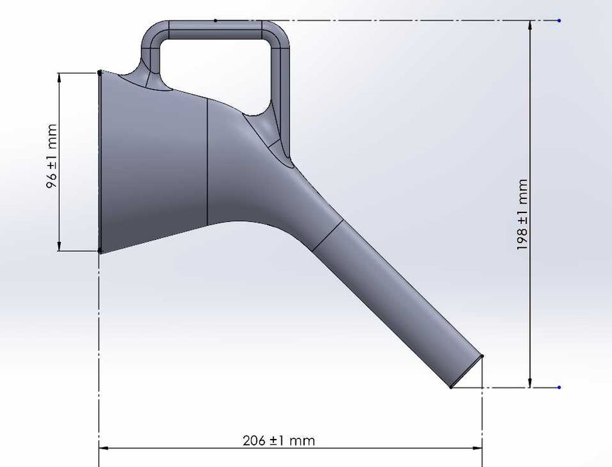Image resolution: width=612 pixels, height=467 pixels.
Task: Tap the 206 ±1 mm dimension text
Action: [279, 441]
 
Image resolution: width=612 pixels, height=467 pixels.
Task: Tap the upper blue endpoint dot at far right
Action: [559, 21]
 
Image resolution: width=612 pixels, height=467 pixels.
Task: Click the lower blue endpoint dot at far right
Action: [559, 387]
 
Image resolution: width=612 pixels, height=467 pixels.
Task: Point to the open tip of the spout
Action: [467, 371]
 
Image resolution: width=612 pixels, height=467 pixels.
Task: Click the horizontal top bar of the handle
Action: [215, 29]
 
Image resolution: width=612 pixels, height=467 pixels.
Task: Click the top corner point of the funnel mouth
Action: [100, 72]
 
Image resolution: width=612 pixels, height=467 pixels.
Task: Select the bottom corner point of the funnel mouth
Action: [100, 251]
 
